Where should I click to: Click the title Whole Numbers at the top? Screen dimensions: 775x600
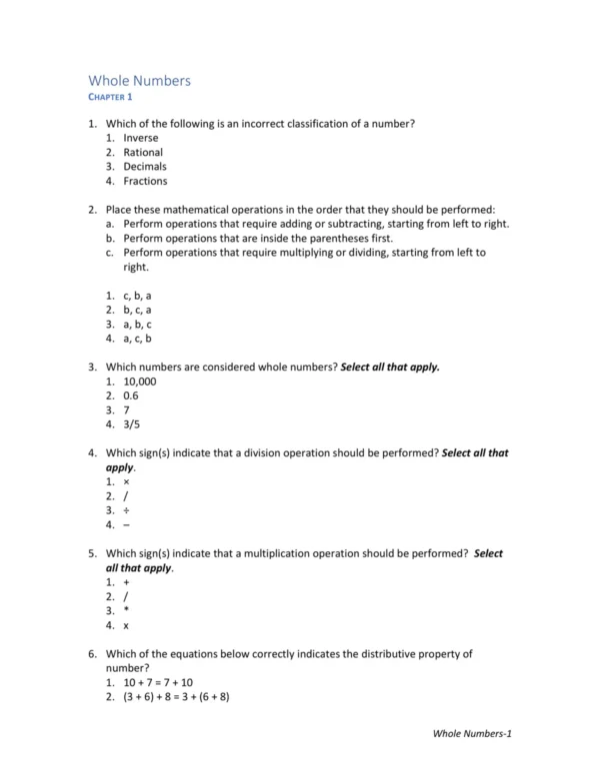[x=139, y=81]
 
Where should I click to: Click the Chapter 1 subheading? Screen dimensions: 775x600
[x=110, y=97]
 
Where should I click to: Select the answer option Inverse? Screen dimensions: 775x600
[x=141, y=138]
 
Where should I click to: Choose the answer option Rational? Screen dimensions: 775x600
[x=143, y=153]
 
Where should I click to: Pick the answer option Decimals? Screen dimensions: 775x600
[x=145, y=167]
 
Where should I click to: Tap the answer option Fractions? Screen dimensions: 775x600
[x=145, y=182]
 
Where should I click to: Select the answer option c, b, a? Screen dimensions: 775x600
[x=137, y=296]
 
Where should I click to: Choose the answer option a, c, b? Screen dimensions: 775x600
[x=137, y=339]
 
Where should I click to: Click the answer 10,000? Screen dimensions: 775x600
[x=140, y=382]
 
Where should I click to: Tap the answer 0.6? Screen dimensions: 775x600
[x=131, y=395]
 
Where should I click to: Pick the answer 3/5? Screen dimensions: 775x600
[x=131, y=424]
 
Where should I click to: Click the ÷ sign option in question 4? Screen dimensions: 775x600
[x=126, y=510]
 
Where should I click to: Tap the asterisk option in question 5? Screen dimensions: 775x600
[x=126, y=611]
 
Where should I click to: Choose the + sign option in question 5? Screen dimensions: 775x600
[x=126, y=582]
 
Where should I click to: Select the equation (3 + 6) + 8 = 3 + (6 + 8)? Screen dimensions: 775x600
[x=177, y=697]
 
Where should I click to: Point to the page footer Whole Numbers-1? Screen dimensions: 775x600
[x=472, y=734]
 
